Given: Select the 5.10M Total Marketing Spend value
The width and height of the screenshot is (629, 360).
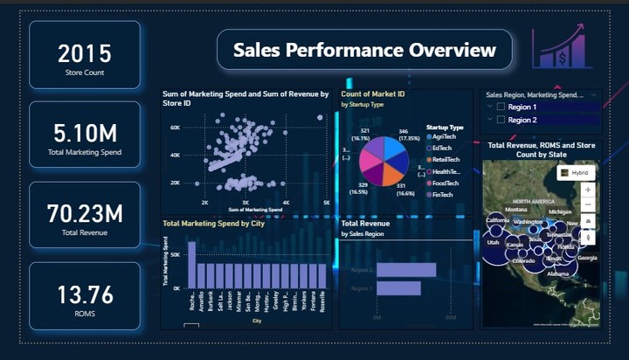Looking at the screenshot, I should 84,133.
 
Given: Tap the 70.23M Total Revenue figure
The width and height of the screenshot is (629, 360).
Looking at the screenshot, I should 84,213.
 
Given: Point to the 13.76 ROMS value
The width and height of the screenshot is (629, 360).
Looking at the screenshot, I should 84,294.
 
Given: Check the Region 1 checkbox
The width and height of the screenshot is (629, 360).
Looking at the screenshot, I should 501,107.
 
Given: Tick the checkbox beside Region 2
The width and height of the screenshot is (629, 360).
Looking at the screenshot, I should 501,120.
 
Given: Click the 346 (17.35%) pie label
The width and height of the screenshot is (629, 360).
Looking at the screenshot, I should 409,134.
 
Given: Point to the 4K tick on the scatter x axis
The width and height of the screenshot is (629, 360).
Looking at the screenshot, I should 286,203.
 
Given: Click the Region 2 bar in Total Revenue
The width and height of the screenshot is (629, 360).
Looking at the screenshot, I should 405,270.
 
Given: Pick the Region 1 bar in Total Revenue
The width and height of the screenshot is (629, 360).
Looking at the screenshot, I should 398,287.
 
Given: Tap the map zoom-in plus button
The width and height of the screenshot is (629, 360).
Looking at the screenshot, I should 587,190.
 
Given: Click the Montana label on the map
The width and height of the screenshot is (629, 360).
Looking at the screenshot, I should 516,210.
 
